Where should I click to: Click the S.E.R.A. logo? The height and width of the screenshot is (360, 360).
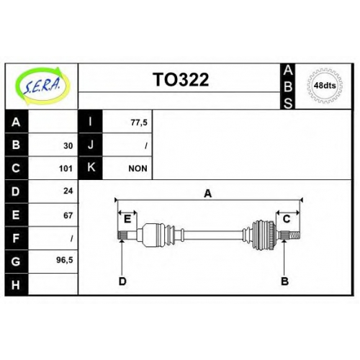pos(42,86)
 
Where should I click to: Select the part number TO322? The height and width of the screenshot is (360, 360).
pos(181,79)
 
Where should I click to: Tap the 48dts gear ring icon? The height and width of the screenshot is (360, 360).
pos(325,86)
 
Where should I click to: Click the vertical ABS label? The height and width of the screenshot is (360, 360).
pos(288,86)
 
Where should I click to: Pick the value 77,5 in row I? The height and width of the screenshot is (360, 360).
pos(139,122)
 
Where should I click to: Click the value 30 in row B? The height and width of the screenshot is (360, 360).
pos(68,145)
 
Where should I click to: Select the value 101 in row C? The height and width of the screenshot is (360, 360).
pos(66,168)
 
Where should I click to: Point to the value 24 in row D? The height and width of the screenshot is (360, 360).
pos(68,191)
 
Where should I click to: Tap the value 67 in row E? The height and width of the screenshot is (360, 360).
pos(68,215)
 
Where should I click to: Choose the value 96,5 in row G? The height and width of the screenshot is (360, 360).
pos(65,260)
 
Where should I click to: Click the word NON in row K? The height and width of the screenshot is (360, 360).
pos(138,168)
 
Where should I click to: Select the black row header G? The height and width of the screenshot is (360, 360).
pos(17,261)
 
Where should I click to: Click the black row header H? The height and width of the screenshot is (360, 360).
pos(17,284)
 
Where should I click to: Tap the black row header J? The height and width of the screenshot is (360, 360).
pos(91,145)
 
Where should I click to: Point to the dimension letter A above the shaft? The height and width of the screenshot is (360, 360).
pos(208,194)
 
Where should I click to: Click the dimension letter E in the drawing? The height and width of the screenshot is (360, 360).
pos(127,219)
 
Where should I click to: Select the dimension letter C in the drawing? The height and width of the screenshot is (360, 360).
pos(287,219)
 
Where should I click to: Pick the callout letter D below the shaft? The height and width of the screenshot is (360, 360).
pos(122,282)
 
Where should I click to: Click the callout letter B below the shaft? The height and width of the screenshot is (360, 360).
pos(284,282)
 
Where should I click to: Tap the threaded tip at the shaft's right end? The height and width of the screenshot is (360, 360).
pos(294,235)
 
